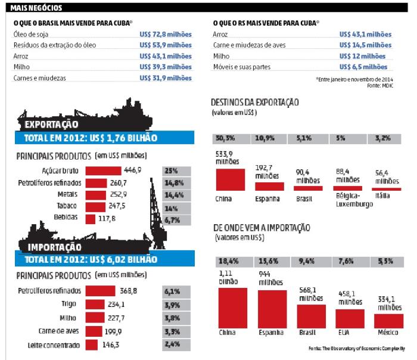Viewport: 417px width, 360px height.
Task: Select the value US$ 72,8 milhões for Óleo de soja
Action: pos(166,34)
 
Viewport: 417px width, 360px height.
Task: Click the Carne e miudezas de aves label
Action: pos(247,45)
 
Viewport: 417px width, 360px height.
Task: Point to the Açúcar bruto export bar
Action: pos(104,170)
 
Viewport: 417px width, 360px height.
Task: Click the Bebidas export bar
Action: pos(91,218)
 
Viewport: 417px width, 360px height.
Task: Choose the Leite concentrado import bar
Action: pos(92,345)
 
